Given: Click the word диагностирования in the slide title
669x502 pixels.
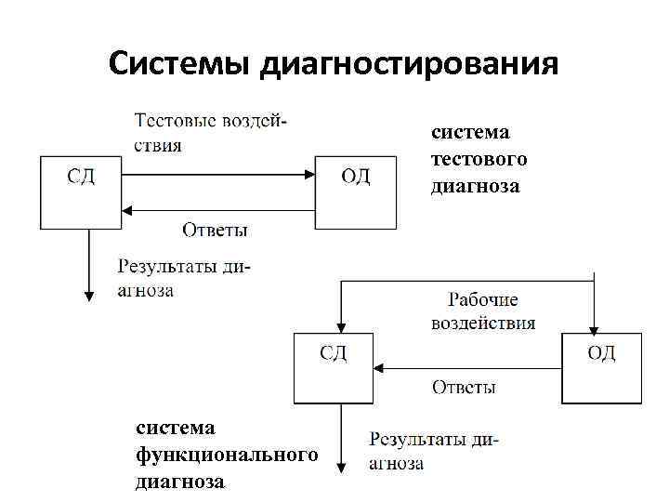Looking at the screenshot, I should pos(410,64).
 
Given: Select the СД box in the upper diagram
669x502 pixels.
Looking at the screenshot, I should pos(81,192).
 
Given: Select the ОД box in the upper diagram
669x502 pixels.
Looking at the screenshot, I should pos(356,192).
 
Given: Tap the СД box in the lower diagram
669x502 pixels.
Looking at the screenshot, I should pos(334,367).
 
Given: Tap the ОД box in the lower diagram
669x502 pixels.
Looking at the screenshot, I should pos(602,367).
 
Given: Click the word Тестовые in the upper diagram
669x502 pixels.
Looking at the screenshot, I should pos(176,122).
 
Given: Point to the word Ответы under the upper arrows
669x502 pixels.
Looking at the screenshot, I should pos(215,229).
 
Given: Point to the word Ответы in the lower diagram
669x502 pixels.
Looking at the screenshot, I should pos(464,387).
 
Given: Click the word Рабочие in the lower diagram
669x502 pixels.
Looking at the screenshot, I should pos(483,301).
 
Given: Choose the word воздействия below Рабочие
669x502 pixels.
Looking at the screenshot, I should pos(483,324).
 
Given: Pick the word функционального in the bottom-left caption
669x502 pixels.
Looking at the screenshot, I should pos(227,455).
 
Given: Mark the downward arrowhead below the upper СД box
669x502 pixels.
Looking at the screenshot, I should pos(89,296).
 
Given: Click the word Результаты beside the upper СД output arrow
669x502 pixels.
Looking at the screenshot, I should pos(168,267).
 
